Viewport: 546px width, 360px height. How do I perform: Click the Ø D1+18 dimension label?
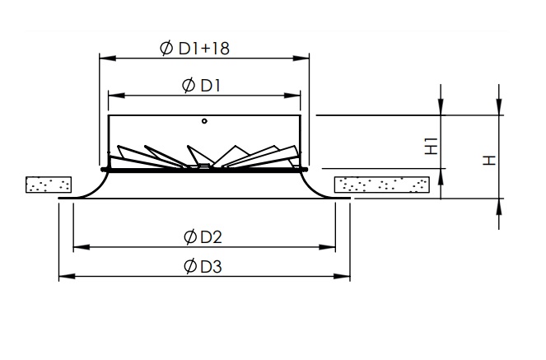[194, 48]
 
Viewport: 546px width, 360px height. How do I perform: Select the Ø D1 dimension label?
[201, 86]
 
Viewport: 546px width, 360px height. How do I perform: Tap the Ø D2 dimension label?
[203, 237]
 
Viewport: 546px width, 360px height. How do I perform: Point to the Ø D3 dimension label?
[203, 266]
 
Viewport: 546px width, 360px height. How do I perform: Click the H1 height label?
[432, 147]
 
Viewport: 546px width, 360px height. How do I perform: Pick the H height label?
[489, 161]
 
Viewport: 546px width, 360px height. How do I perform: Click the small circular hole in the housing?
[204, 121]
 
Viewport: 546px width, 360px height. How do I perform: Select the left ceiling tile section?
[49, 185]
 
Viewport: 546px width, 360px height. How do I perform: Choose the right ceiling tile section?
[381, 185]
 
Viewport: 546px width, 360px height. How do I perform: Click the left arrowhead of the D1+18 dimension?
[108, 58]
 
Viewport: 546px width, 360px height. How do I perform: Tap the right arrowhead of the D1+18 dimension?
[301, 58]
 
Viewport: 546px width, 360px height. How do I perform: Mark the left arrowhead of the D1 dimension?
[116, 96]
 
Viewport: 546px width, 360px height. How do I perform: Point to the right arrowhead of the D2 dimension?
[327, 247]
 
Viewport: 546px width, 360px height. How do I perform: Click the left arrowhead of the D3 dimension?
[68, 277]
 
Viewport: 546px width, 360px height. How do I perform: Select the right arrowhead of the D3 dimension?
[342, 277]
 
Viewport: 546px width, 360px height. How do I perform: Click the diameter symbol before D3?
[190, 266]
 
